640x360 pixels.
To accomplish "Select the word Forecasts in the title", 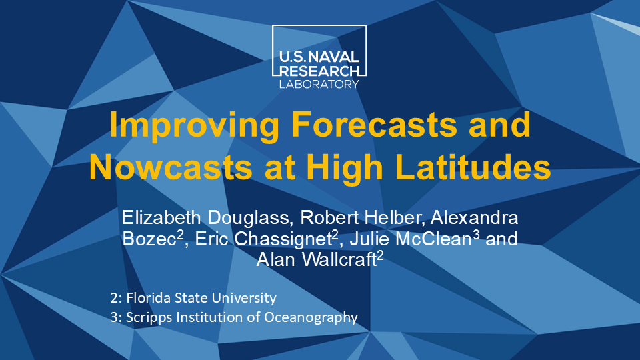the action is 374,124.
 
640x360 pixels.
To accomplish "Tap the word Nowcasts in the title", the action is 171,167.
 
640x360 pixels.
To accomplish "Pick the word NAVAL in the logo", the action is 333,57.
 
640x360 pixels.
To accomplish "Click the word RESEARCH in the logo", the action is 319,71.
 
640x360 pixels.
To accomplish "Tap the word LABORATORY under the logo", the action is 319,85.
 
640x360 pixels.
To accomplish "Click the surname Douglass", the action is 251,217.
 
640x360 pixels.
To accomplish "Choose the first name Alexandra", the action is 474,217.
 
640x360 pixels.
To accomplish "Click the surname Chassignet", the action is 283,239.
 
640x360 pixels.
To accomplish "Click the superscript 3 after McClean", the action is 476,235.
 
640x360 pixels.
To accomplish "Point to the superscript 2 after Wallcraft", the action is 380,255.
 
